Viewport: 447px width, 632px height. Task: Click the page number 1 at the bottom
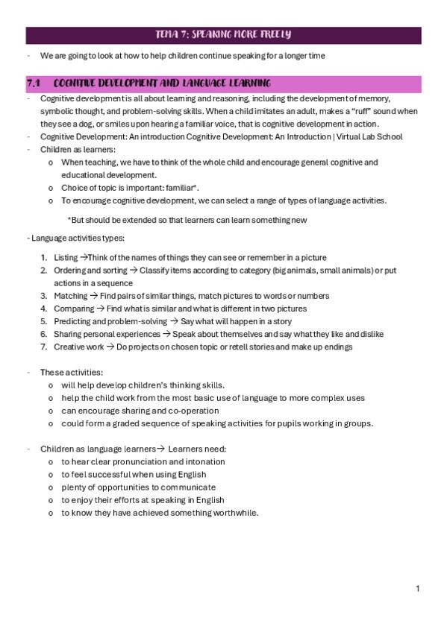(418, 589)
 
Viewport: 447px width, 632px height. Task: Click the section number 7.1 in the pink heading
(34, 82)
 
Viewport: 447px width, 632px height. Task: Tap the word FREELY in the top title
(273, 34)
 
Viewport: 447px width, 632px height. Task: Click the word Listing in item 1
(66, 257)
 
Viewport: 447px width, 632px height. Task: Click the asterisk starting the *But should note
(69, 220)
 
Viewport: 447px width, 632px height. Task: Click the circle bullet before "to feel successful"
(50, 474)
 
